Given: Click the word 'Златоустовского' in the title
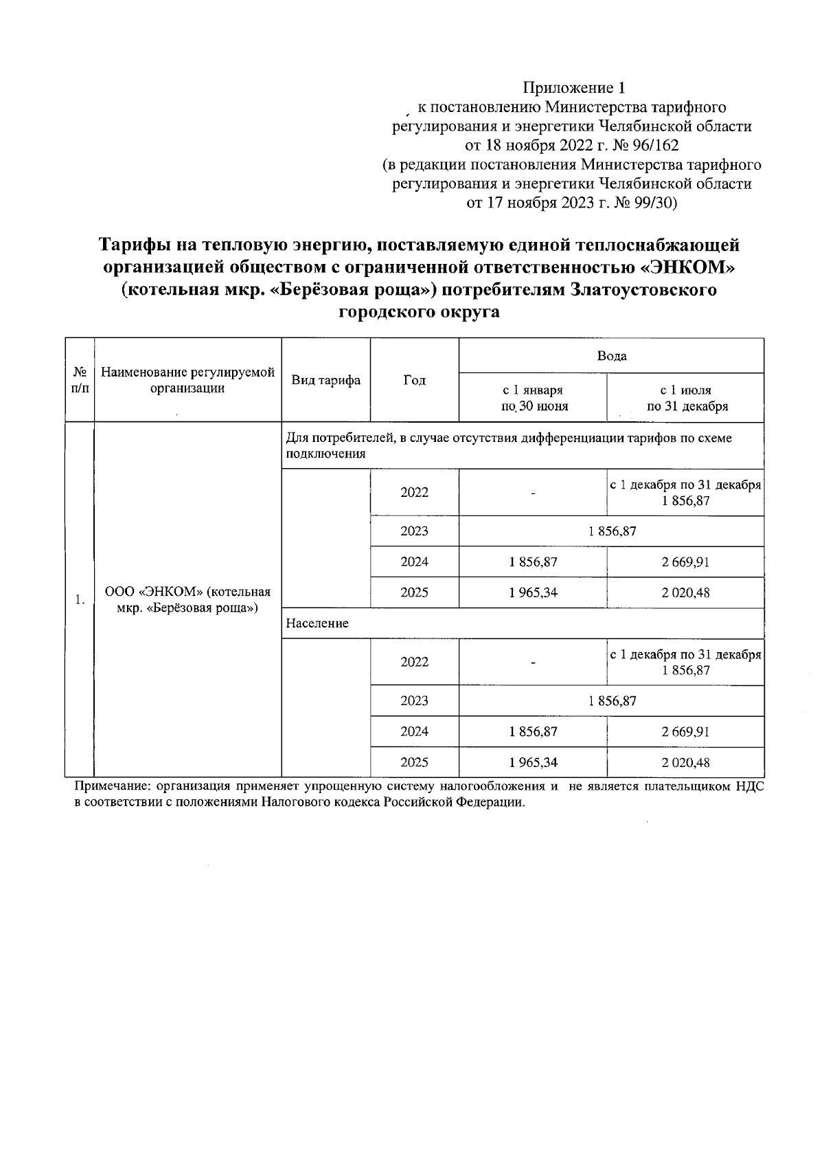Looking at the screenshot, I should tap(643, 289).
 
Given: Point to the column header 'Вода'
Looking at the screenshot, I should tap(611, 356).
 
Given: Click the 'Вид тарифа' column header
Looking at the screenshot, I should tap(326, 380).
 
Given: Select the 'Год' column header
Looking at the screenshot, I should tap(414, 380).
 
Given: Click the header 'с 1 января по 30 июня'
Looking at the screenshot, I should tap(534, 397).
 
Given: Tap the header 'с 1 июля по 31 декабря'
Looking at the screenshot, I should tap(685, 397).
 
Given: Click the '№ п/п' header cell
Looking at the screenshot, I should tap(80, 380).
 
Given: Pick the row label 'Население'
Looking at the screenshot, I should tap(317, 623).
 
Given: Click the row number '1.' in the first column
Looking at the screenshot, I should tap(80, 599).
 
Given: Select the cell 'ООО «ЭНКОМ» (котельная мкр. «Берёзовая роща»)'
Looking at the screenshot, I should tap(187, 599).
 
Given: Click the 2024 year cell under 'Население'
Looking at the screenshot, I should tap(414, 731).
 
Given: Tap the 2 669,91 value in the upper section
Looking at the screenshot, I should tap(685, 562).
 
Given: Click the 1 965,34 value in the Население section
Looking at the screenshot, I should tap(534, 762).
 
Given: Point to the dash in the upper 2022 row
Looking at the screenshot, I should tap(533, 493).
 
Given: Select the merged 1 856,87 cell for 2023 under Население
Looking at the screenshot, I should tap(611, 701).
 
